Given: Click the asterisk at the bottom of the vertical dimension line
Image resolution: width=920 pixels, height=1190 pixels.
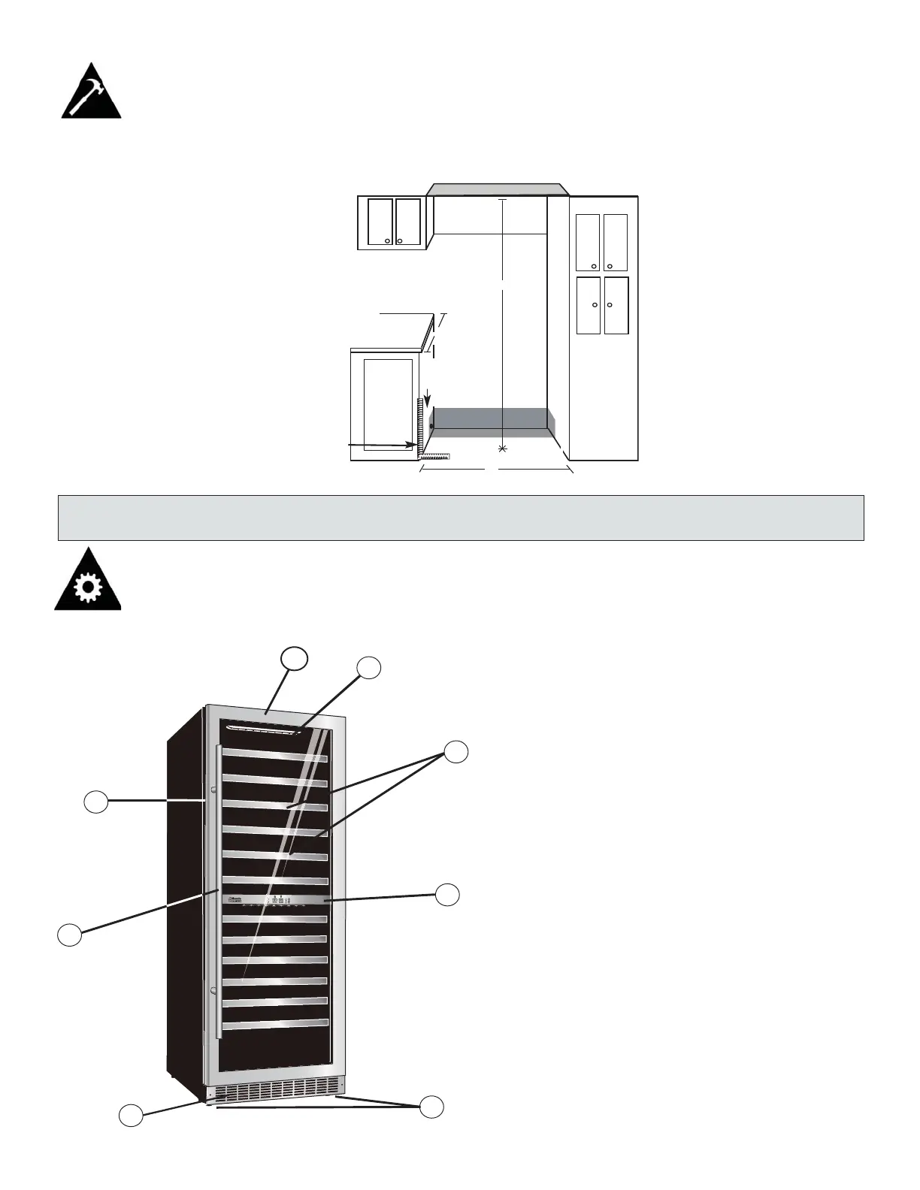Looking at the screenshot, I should pos(502,449).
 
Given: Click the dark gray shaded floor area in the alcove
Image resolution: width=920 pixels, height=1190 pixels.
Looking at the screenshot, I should pos(489,419).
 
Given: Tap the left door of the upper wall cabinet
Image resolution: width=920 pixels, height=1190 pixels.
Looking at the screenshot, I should pos(380,222).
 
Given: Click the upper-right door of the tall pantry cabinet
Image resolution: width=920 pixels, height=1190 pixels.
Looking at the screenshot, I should pos(616,242).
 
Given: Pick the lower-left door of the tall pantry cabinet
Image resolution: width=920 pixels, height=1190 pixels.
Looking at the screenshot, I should pos(589,305).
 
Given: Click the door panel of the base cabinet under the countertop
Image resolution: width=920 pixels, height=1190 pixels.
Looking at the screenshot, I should pos(388,404).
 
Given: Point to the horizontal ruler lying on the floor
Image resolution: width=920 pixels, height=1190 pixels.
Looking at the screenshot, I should pos(435,455).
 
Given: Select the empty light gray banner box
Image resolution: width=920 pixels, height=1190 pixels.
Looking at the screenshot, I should pos(460,518).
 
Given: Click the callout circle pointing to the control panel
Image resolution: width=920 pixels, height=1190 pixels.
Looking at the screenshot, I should pos(448,894).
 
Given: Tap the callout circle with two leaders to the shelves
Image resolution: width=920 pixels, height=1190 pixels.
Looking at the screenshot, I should pos(455,751).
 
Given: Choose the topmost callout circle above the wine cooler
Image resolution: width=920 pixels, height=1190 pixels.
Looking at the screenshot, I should pos(295,658).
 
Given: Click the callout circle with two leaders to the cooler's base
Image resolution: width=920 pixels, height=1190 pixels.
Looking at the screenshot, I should pos(431,1107).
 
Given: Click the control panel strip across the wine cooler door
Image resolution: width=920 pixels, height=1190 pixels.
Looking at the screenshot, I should pos(275,901).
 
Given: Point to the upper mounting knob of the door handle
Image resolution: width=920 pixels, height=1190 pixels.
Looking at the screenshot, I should pos(213,790).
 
